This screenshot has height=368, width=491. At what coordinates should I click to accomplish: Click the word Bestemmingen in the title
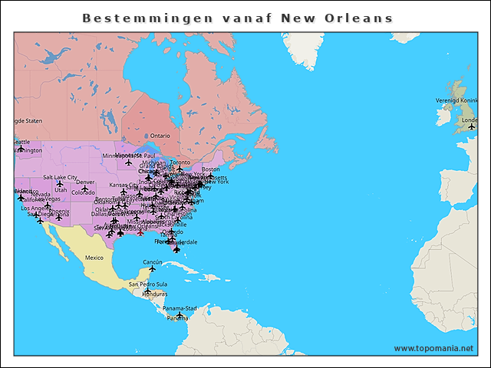point(127,18)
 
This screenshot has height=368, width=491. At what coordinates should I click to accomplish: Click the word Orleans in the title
point(360,18)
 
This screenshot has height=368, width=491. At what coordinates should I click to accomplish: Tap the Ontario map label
point(160,136)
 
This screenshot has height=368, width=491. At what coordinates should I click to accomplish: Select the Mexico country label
point(94,258)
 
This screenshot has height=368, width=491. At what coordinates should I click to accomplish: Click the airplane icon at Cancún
point(152,269)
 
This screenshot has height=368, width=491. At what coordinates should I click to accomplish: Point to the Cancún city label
point(152,262)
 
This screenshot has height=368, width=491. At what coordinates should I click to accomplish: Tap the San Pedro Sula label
point(147,284)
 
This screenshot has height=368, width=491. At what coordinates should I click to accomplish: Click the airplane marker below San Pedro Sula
point(148,291)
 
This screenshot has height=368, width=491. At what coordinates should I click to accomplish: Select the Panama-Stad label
point(180,308)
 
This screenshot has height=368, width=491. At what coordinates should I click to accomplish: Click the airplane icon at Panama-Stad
point(180,315)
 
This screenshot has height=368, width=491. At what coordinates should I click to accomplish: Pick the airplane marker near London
point(471,127)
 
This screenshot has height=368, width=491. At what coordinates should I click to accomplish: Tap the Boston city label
point(210,169)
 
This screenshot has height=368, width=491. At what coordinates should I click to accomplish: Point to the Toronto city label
point(180,163)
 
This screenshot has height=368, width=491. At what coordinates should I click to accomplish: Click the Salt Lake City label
point(60,177)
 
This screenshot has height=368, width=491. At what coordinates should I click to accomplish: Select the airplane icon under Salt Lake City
point(60,184)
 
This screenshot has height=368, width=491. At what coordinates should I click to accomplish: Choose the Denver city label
point(85,182)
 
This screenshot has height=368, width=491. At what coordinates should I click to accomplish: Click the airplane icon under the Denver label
point(85,189)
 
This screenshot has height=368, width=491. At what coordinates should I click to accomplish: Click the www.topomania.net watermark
point(433,348)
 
